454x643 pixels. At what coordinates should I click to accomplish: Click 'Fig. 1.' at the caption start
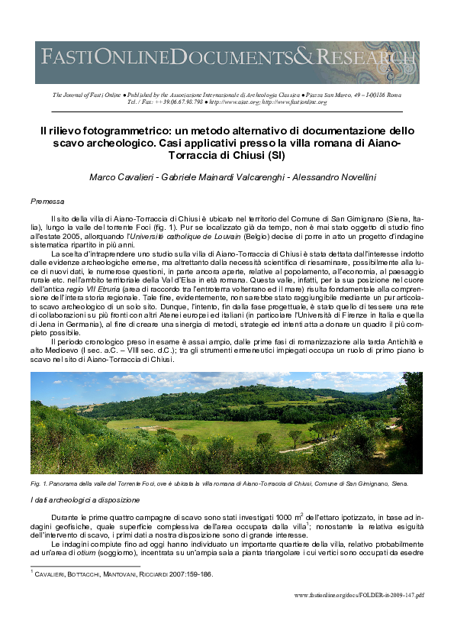coord(39,483)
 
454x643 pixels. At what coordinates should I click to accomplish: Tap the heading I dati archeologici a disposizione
coord(85,499)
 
